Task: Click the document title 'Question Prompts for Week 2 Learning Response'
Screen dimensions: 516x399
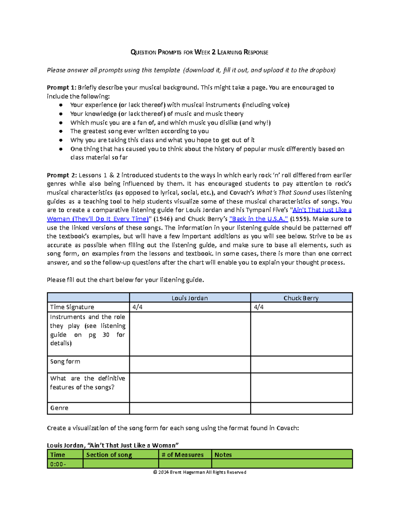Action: (x=199, y=52)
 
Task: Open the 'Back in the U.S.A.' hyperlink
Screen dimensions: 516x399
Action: (x=258, y=219)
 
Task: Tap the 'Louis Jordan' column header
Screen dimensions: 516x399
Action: (x=190, y=298)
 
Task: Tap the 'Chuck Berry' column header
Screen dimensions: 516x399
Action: (x=301, y=298)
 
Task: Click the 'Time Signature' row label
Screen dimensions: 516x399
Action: (x=72, y=307)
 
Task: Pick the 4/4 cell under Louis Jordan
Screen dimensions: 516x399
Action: (x=190, y=307)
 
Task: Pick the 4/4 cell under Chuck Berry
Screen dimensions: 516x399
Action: (x=301, y=307)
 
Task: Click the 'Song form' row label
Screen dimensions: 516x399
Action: (x=65, y=361)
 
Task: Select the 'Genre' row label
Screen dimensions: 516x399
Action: (x=59, y=408)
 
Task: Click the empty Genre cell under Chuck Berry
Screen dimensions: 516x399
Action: (x=301, y=408)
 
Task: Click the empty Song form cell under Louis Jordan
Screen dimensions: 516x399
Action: (x=190, y=364)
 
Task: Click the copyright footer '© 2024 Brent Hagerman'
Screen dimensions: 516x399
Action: (x=199, y=472)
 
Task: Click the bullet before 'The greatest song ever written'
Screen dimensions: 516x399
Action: (x=61, y=131)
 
